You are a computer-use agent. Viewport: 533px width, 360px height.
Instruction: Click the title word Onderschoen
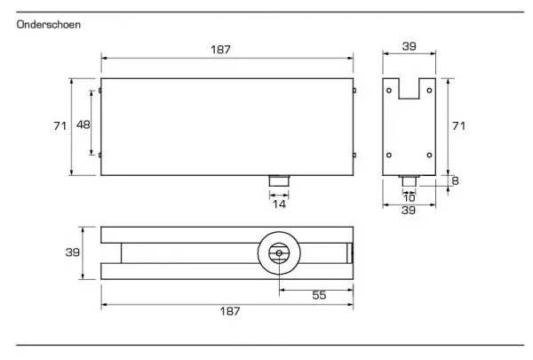(x=49, y=25)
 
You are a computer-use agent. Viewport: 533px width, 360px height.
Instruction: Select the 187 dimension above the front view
(x=220, y=50)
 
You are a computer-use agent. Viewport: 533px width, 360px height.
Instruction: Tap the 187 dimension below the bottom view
(x=230, y=311)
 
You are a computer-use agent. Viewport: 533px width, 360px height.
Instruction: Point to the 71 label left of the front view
(x=60, y=126)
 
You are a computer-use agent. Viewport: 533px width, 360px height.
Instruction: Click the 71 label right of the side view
(x=458, y=126)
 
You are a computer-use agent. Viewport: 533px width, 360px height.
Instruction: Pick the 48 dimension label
(x=84, y=124)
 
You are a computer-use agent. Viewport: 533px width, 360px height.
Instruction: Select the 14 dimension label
(x=279, y=204)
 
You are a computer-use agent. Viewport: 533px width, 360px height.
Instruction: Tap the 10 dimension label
(x=410, y=197)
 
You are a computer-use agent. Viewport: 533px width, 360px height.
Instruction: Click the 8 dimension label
(x=456, y=180)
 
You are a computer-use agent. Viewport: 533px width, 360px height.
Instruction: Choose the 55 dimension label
(x=319, y=295)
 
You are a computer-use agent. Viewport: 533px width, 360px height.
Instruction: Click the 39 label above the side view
(x=409, y=46)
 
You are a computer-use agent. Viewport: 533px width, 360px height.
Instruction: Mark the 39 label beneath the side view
(x=409, y=210)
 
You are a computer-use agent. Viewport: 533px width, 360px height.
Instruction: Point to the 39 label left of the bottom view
(x=73, y=252)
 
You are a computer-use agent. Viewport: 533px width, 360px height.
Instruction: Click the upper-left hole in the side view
(x=389, y=91)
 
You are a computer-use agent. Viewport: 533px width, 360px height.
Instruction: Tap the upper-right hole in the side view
(x=429, y=91)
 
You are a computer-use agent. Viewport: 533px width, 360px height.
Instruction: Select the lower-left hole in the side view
(x=389, y=156)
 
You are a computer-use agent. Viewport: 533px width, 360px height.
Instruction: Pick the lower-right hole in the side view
(x=429, y=156)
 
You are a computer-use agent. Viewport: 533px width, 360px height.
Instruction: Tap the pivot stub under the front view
(x=279, y=180)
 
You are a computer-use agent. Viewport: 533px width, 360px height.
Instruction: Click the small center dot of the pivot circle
(x=279, y=253)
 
